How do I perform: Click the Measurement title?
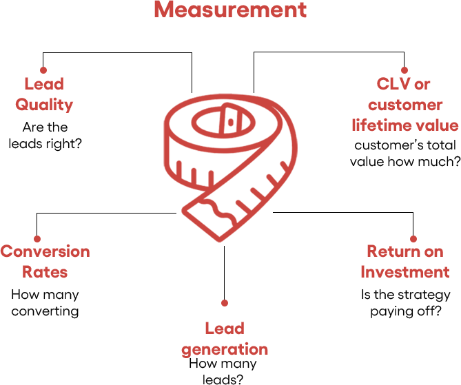coord(230,10)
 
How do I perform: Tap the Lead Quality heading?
coord(44,94)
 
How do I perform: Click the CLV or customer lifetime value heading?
coord(404,105)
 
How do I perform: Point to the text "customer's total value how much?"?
coord(405,154)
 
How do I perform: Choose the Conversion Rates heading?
coord(45,262)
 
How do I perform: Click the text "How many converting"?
coord(45,302)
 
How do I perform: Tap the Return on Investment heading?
coord(405,262)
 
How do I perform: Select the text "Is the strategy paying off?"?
coord(405,302)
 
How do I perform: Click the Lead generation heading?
coord(225,338)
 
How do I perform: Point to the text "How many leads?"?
coord(223,371)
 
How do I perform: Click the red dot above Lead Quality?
coord(43,70)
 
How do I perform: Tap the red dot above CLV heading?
coord(404,70)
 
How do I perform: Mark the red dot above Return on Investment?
coord(413,238)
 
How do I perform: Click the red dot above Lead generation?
coord(225,302)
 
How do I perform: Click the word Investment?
coord(405,272)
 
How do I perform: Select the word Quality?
coord(44,105)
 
